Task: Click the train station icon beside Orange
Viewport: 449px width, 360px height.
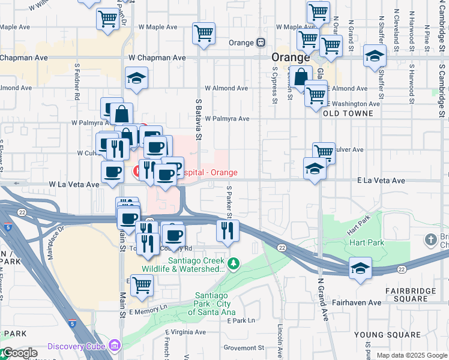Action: (261, 43)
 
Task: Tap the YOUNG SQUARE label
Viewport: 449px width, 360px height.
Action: (385, 334)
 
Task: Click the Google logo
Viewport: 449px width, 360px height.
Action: (19, 353)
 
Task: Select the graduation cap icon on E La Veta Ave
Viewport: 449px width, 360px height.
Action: (315, 169)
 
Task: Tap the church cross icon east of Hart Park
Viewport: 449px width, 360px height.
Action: (430, 241)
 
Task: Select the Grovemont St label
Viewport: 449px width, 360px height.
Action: (244, 347)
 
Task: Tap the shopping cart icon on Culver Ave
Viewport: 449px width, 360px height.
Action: (324, 152)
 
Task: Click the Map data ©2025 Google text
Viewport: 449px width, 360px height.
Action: (411, 355)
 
